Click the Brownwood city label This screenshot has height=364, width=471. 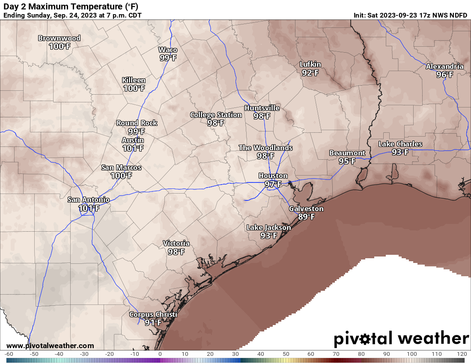[59, 38]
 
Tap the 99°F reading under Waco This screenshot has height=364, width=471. [168, 58]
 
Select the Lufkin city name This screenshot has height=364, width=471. [310, 65]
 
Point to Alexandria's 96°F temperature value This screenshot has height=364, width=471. [444, 75]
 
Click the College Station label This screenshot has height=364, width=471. [216, 115]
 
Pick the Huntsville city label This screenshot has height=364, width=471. [262, 108]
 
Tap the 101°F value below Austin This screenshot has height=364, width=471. [133, 148]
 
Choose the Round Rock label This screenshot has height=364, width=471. [137, 123]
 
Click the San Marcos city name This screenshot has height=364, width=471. [121, 167]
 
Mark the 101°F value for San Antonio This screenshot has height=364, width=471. [89, 208]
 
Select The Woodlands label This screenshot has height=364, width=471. [265, 148]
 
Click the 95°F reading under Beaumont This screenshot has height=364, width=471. [347, 161]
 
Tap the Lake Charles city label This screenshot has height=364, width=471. [400, 144]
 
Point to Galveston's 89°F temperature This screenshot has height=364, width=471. [307, 217]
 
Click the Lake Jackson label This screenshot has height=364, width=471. [268, 227]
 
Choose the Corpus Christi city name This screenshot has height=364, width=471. [153, 314]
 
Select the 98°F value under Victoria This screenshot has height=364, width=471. [176, 252]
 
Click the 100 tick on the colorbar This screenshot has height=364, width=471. [412, 354]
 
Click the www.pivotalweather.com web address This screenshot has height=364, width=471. [50, 346]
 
